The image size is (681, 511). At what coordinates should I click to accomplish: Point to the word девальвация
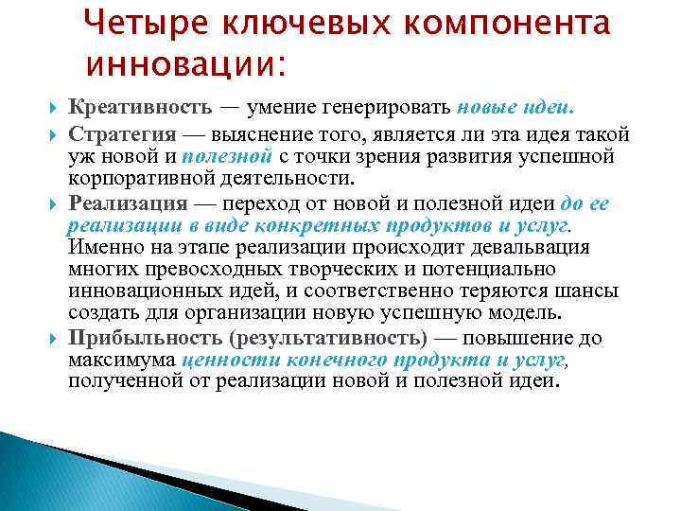coord(533,247)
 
